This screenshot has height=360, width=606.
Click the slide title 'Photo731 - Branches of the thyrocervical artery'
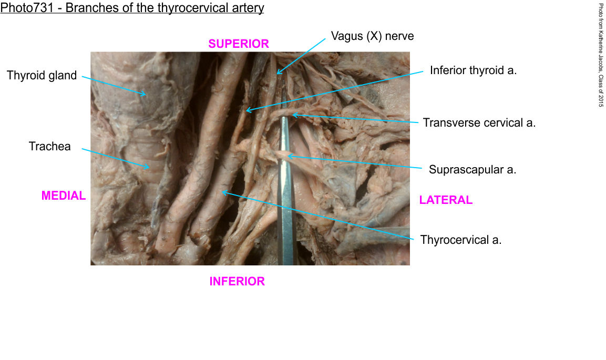tap(132, 8)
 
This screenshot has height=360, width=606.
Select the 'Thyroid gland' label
tap(42, 76)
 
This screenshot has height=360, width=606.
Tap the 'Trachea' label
tap(49, 147)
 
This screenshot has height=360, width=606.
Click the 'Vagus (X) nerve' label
tap(372, 36)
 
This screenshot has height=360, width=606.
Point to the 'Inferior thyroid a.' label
tap(473, 70)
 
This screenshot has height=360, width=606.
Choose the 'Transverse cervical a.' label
tap(479, 123)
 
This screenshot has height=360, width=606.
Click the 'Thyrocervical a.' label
tap(461, 240)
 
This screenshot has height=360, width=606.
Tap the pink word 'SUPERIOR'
tap(239, 44)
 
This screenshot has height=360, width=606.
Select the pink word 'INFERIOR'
tap(237, 282)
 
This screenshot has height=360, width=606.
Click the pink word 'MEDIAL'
tap(63, 196)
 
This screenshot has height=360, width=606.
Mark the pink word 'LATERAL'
tap(446, 200)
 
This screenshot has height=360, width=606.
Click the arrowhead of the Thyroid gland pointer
tap(146, 95)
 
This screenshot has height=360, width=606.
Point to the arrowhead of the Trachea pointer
tap(149, 168)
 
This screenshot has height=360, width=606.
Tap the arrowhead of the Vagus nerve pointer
tap(278, 73)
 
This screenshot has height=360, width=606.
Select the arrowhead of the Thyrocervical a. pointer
tap(222, 192)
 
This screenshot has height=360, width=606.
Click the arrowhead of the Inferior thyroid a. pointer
tap(247, 111)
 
